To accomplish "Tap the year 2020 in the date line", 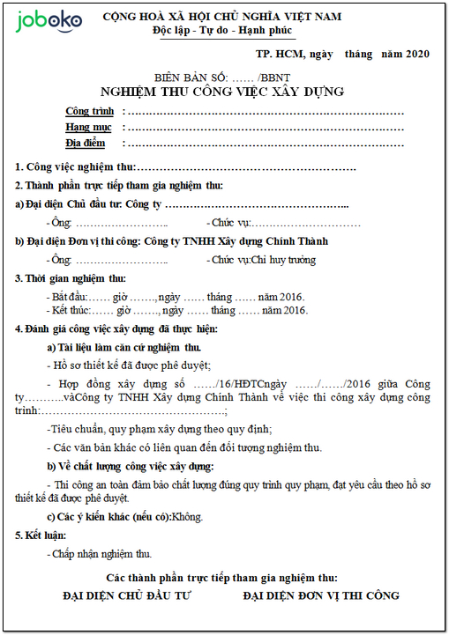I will (x=416, y=55).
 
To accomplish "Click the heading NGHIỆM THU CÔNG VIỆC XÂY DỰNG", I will (x=222, y=92).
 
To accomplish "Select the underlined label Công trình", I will (x=89, y=112).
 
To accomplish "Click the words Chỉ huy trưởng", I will (x=283, y=261).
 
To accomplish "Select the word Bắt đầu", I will (x=70, y=297).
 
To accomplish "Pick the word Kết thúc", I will (x=71, y=311).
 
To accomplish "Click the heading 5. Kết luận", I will (x=41, y=535).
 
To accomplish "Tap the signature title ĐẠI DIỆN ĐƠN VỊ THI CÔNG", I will (x=321, y=596).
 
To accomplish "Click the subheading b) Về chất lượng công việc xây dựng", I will (x=130, y=466).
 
